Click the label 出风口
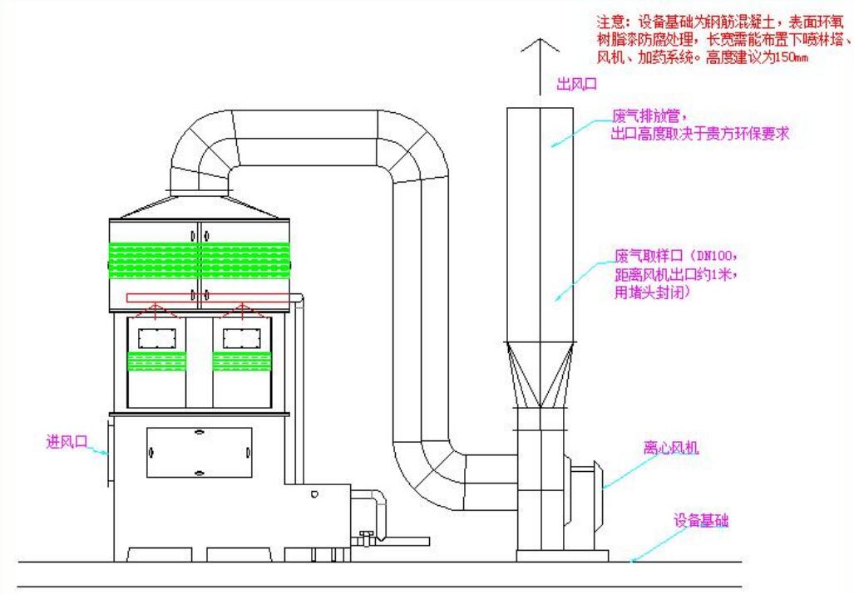576,83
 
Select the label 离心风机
671,448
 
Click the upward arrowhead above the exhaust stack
540,45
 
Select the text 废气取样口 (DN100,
675,254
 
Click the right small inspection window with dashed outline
242,338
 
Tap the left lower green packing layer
156,361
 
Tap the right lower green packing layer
242,361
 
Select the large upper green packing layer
200,261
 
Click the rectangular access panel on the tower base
199,453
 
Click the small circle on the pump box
313,495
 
